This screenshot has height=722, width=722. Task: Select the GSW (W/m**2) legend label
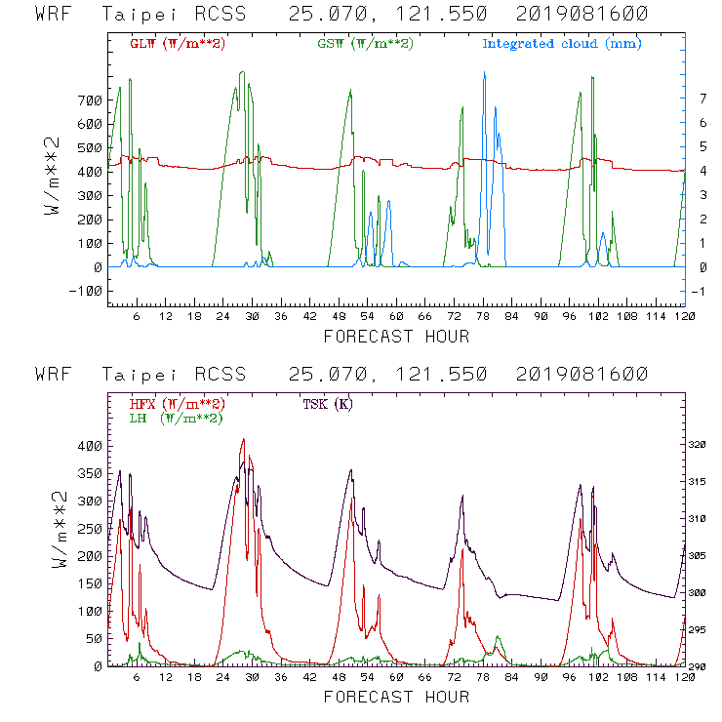click(x=357, y=44)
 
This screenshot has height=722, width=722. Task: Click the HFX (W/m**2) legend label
click(x=178, y=404)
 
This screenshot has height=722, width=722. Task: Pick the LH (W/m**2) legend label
click(x=176, y=418)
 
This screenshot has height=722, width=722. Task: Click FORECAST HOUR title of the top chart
click(x=395, y=337)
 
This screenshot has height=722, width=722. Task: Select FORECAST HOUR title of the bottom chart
click(x=395, y=697)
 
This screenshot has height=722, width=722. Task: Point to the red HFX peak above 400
click(x=243, y=440)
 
